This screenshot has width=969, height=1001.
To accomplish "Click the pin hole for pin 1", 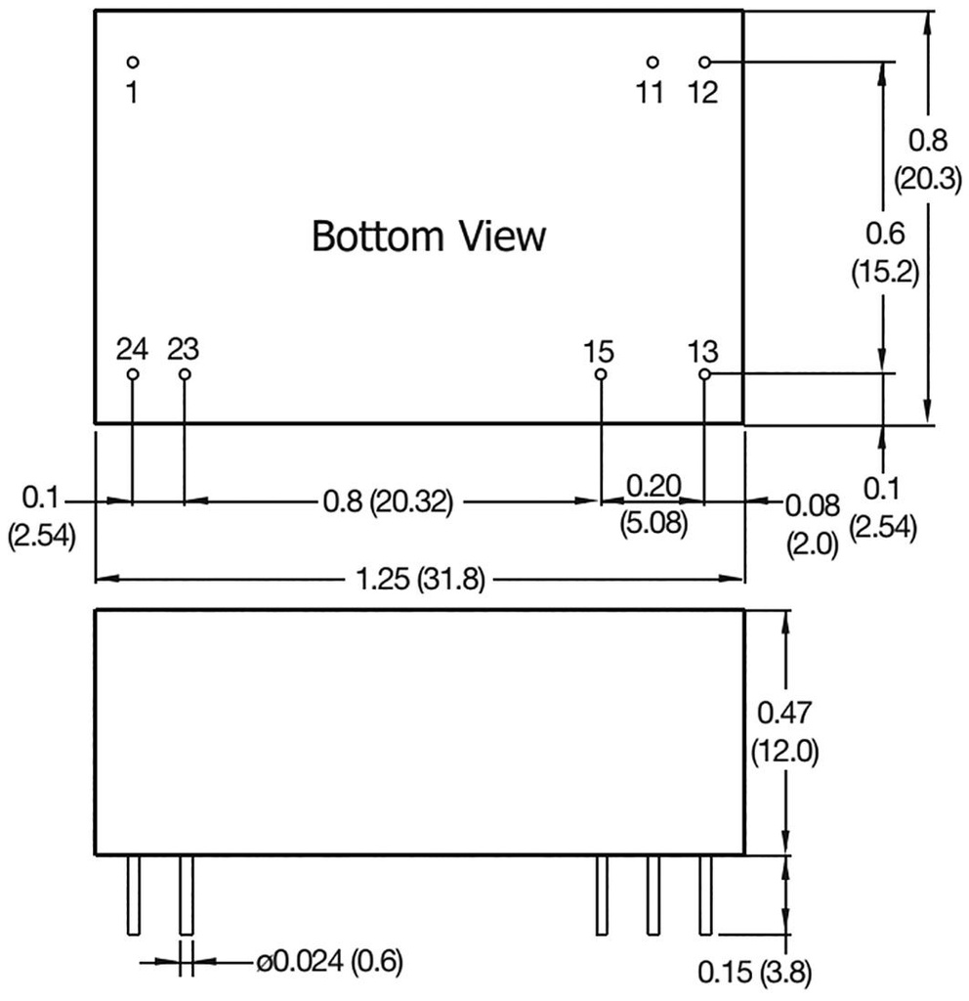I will click(133, 63).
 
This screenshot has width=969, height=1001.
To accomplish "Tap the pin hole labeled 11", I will click(653, 63).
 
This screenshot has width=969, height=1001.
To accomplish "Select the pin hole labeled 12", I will click(704, 63).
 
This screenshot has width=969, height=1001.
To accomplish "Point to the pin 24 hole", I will click(133, 374).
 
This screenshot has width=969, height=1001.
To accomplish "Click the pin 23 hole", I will click(184, 374).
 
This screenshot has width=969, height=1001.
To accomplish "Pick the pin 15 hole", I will click(601, 374).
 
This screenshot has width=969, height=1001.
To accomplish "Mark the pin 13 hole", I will click(704, 374).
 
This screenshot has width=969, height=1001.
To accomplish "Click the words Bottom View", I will click(428, 237).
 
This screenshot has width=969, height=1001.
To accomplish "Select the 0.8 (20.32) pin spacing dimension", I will click(387, 503).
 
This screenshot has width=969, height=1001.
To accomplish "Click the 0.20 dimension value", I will click(652, 485).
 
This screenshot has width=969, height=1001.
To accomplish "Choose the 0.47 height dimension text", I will click(784, 713).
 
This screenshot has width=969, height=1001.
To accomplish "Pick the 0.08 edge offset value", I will click(812, 504).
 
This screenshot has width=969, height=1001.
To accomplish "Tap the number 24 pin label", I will click(132, 349).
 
